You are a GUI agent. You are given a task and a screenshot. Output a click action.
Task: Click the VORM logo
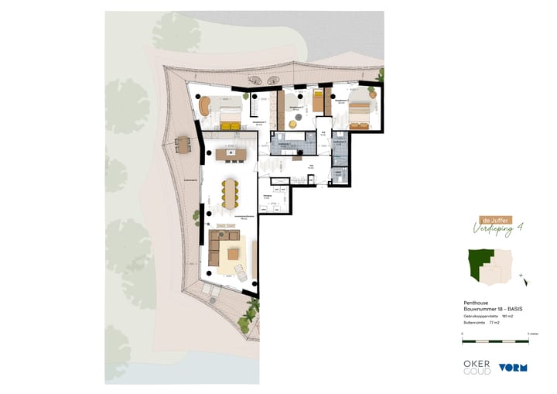(512, 367)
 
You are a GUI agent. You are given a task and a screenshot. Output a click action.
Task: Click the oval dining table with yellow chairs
(231, 193)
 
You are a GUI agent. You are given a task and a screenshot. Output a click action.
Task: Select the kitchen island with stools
(231, 155)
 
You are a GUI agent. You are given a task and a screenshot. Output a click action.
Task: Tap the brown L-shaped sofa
(220, 248)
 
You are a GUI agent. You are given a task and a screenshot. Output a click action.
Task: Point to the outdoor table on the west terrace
(183, 144)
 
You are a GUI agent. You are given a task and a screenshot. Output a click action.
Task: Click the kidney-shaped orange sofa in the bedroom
(206, 106)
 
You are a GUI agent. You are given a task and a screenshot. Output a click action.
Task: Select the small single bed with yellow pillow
(318, 101)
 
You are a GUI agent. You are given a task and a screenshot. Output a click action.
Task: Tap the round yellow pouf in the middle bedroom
(293, 123)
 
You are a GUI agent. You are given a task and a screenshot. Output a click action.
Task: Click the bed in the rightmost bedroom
(358, 115)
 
